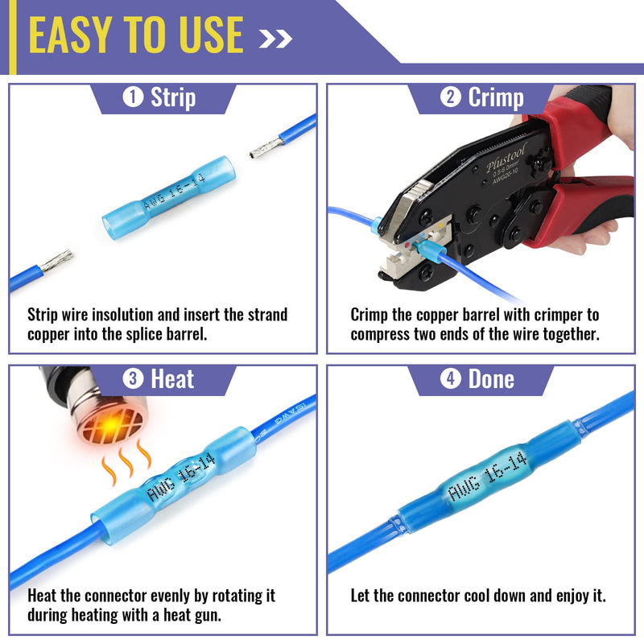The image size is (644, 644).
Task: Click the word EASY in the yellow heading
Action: click(x=70, y=35)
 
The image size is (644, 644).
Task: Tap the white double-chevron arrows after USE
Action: click(x=275, y=39)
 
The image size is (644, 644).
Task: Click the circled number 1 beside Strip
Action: click(x=133, y=97)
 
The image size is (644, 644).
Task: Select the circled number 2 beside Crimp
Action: click(x=451, y=97)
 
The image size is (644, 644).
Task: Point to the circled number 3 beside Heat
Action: click(x=133, y=378)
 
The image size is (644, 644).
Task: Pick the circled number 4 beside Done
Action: click(x=451, y=378)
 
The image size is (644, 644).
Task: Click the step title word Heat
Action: click(x=172, y=378)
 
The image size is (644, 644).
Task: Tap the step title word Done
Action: click(x=491, y=378)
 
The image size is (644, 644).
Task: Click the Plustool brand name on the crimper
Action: click(x=506, y=157)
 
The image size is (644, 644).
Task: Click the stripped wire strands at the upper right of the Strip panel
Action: click(x=267, y=148)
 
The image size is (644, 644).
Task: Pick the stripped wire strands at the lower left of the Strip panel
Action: click(x=56, y=260)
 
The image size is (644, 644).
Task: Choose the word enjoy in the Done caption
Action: click(x=573, y=596)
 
